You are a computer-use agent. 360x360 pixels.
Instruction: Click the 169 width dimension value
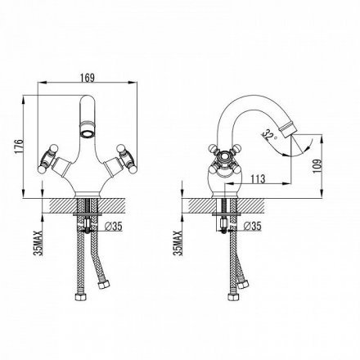88,78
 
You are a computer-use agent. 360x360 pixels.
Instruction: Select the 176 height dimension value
20,146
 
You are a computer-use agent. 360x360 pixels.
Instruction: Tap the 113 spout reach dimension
258,179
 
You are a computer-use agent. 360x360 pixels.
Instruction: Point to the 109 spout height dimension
317,166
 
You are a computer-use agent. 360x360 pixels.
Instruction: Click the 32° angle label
269,134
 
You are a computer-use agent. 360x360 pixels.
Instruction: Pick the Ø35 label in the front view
113,226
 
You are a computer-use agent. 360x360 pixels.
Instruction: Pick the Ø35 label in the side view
253,226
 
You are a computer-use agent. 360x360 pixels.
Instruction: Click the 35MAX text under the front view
38,243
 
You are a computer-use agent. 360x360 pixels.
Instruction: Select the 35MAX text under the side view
178,243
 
